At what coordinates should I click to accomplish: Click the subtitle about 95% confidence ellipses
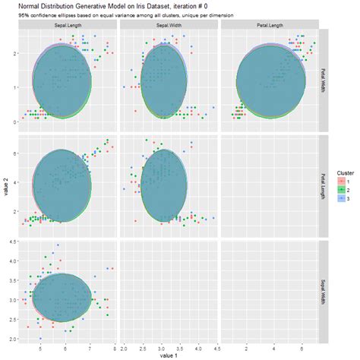coord(126,16)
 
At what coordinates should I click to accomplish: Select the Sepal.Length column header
coord(68,24)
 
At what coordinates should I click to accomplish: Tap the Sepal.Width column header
coord(168,24)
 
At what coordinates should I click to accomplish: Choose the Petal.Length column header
coord(268,24)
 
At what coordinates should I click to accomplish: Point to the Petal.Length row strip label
coord(324,182)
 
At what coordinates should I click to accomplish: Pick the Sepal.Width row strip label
coord(324,288)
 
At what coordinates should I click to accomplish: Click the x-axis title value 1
coord(169,355)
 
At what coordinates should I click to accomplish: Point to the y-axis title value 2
coord(5,183)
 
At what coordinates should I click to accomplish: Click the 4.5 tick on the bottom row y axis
coord(12,242)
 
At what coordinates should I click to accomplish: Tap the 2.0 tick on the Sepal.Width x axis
coord(126,347)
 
